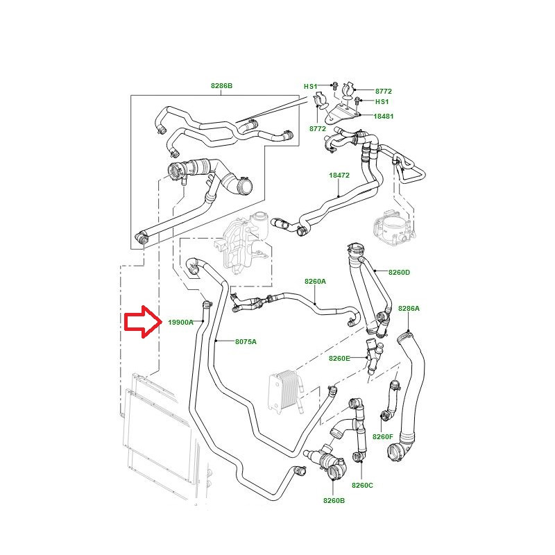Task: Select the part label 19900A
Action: tap(180, 323)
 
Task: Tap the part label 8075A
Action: tap(246, 342)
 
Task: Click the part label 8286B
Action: tap(221, 85)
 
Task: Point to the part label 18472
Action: tap(339, 176)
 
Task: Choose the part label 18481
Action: tap(384, 116)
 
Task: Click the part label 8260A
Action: tap(315, 282)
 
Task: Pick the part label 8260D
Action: tap(400, 272)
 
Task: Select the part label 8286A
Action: tap(409, 309)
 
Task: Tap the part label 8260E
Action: tap(339, 358)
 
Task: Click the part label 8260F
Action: tap(383, 437)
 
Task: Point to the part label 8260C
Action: tap(362, 485)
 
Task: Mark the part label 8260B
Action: tap(334, 500)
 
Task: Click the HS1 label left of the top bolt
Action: tap(310, 86)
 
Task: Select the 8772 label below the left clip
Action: tap(318, 129)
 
